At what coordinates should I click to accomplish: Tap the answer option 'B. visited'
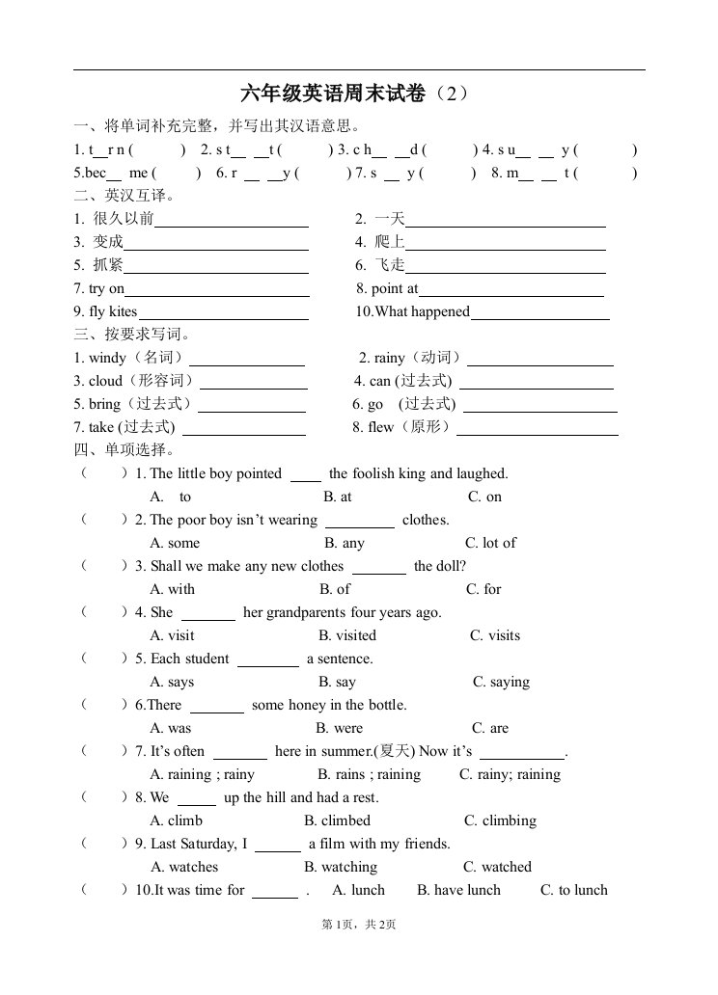coord(347,635)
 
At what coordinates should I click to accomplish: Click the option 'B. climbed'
coord(337,820)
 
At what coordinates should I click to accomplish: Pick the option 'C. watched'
coord(497,867)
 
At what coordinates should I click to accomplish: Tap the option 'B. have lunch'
coord(458,890)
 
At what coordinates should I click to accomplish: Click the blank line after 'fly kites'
coord(223,312)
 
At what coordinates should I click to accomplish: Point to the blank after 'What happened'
coord(539,312)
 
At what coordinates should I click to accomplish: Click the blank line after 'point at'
coord(511,289)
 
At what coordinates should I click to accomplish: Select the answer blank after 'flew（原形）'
coord(537,428)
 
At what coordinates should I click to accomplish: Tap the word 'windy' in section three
coord(107,358)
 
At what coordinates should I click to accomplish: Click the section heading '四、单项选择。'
coord(124,450)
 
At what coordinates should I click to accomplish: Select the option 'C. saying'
coord(501,682)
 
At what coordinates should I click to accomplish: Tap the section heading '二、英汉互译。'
coord(124,196)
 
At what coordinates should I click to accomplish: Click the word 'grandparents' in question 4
coord(305,612)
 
